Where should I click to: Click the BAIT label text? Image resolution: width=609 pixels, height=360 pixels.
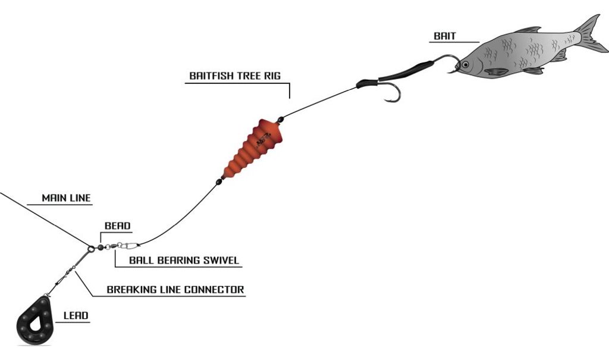[x=445, y=36]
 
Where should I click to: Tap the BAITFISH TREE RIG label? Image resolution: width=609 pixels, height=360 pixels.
[x=235, y=76]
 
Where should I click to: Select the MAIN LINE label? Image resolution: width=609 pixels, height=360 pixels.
[x=67, y=198]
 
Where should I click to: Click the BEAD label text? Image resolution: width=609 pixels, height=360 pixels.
[x=117, y=226]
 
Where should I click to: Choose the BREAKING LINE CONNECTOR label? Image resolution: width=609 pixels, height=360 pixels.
[x=175, y=290]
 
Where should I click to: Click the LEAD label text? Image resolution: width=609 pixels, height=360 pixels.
[x=76, y=315]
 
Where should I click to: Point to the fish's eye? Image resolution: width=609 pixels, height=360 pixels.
[x=465, y=64]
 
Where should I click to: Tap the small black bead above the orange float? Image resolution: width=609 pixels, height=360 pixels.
[x=281, y=119]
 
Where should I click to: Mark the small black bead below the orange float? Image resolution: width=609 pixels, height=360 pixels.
[x=219, y=182]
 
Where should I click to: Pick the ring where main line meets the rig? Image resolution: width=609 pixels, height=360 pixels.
[x=92, y=249]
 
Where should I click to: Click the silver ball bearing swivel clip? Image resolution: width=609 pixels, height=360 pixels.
[x=125, y=245]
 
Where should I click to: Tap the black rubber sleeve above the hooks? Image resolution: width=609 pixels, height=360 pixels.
[x=404, y=71]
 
